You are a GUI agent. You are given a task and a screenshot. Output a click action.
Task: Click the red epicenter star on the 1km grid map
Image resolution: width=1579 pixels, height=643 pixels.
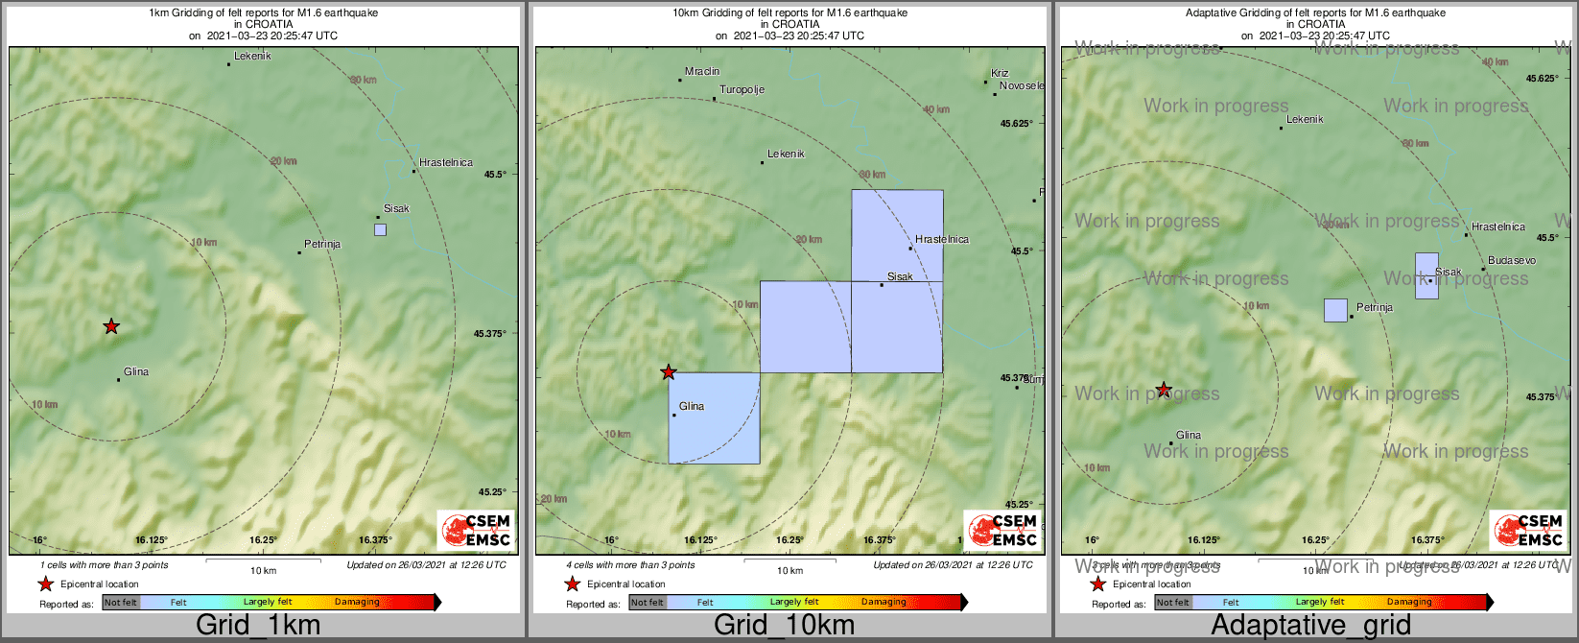point(111,326)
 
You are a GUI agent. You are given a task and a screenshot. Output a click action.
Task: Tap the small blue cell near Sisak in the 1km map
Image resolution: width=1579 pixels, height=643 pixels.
point(381,230)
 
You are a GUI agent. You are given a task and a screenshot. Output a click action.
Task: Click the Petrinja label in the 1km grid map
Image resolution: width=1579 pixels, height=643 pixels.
point(322,245)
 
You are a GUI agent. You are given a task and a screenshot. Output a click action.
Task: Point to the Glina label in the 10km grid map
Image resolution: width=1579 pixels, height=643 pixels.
point(692,407)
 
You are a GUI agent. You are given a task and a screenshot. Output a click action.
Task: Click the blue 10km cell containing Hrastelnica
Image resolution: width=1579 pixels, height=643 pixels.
point(897,235)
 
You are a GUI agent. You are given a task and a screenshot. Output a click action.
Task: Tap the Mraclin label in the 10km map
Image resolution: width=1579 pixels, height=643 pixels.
point(702,72)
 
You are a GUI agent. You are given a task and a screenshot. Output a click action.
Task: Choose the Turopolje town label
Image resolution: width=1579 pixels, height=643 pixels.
point(742,90)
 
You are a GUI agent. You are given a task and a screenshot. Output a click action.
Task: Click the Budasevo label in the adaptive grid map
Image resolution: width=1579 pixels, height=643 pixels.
point(1512,261)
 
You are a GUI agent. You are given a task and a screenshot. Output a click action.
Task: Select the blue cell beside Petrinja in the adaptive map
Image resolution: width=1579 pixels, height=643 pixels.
point(1335,310)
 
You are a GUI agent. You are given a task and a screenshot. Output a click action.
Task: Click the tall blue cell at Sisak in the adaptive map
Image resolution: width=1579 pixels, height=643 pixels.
point(1426,275)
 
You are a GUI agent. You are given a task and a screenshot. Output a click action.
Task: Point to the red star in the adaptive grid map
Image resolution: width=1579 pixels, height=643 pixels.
point(1164,390)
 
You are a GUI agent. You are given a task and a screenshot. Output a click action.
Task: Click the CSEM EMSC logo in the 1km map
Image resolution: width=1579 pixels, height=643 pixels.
point(476,530)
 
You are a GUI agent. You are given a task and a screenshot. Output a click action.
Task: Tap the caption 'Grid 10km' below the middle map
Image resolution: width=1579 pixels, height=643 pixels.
point(784,626)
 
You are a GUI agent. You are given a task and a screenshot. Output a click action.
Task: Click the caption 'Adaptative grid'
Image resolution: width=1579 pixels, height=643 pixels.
point(1310,626)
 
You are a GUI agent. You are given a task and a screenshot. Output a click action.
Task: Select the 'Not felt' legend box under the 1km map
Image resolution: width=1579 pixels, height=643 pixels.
point(121,603)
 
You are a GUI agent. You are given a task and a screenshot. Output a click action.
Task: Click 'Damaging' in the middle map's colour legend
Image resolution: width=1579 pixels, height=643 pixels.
point(884,603)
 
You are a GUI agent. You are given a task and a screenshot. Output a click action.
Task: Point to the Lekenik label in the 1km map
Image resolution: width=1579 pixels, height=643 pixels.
point(253,57)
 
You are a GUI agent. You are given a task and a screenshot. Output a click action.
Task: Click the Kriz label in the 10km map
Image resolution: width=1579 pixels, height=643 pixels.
point(1000,73)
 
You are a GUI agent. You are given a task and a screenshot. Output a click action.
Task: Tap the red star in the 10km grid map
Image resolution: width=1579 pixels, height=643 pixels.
point(669,372)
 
